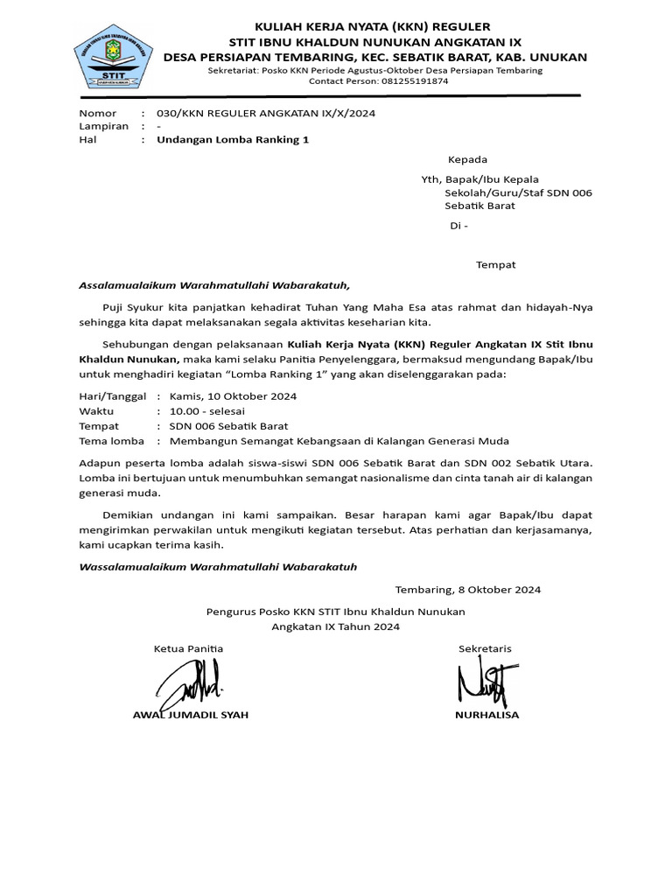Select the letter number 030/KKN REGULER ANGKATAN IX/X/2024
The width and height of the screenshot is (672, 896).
(x=266, y=113)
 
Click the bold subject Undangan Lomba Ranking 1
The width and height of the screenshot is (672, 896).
(x=233, y=139)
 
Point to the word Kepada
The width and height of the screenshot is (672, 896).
(x=467, y=159)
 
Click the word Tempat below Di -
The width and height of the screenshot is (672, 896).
(x=495, y=264)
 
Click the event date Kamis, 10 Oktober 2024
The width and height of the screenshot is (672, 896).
(x=233, y=395)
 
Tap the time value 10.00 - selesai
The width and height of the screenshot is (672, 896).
(x=207, y=411)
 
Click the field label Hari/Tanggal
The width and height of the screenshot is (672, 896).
(x=113, y=395)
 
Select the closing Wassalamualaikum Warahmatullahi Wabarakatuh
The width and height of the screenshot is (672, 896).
(x=218, y=567)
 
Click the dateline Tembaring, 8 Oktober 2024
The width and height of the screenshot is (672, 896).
(x=468, y=589)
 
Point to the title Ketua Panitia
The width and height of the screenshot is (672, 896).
(x=188, y=648)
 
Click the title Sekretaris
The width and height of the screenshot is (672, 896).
(x=485, y=648)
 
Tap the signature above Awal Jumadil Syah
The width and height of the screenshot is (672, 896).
(x=192, y=682)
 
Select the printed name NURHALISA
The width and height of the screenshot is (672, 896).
(x=486, y=715)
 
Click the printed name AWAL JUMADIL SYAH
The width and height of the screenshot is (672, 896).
(x=190, y=715)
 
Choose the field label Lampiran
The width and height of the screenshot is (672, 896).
(x=103, y=126)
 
